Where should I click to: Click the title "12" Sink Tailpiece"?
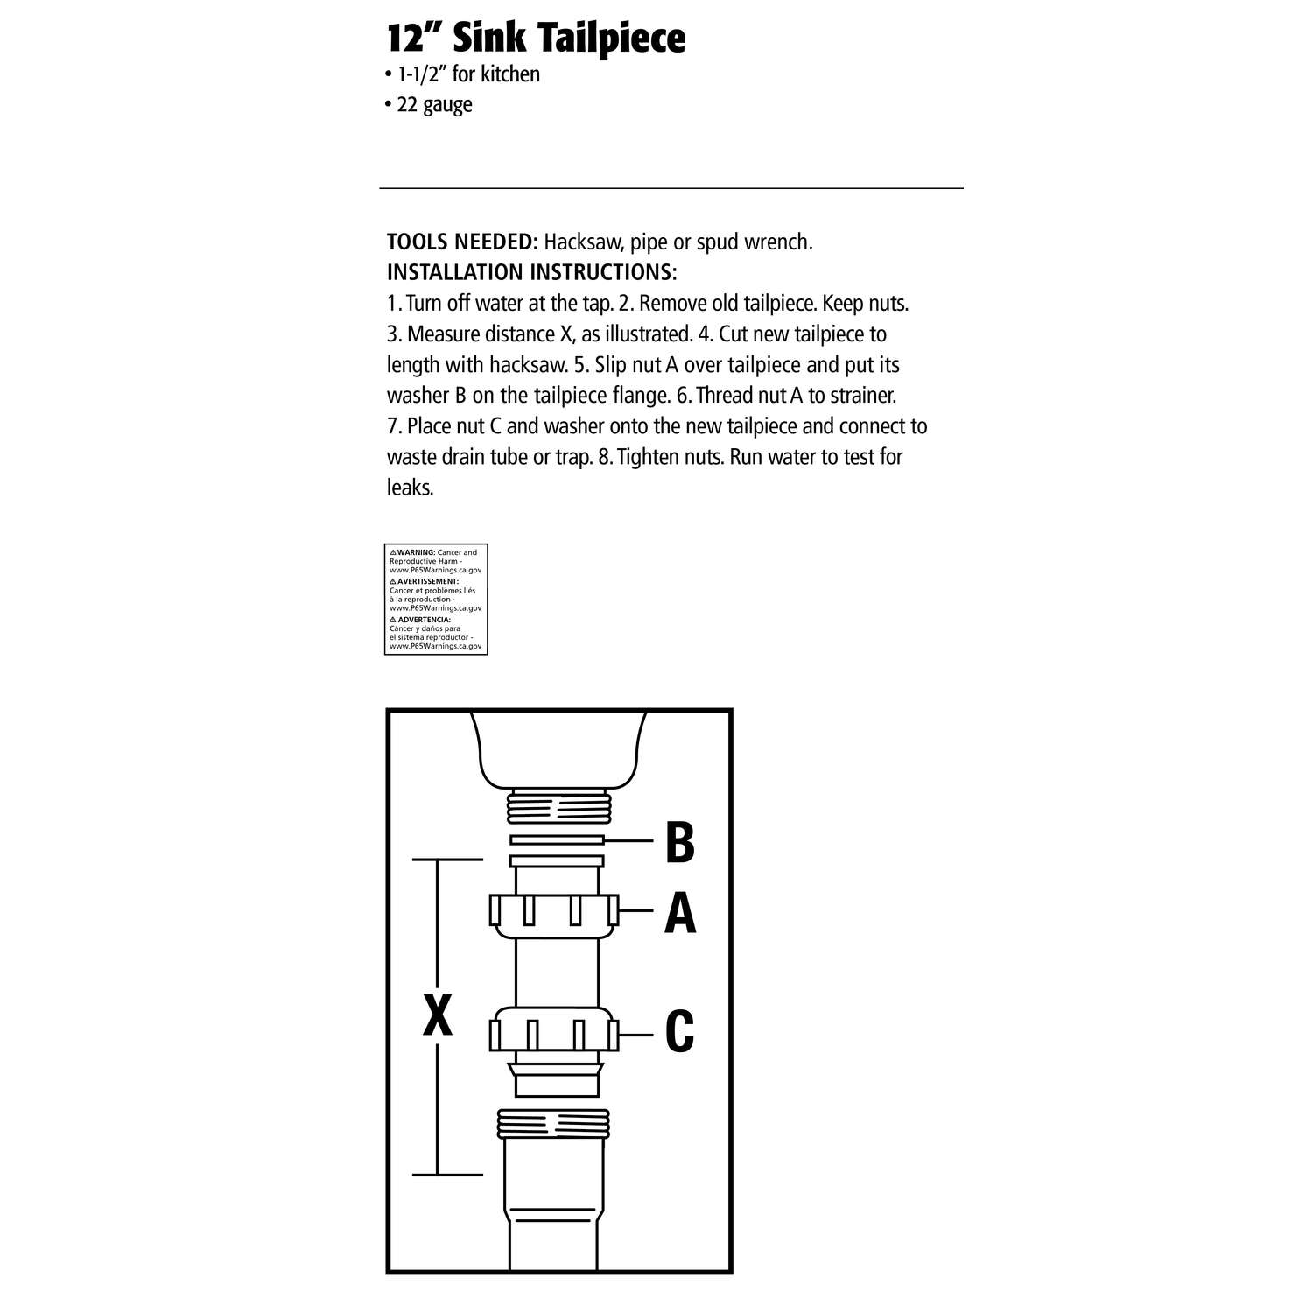[536, 39]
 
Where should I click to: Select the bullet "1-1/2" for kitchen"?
[463, 74]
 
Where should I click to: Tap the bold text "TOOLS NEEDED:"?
[462, 242]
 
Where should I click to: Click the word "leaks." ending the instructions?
[411, 488]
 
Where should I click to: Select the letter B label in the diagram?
[680, 841]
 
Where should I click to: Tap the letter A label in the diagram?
[680, 914]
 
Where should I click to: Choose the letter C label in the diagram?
[680, 1032]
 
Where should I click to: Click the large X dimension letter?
[438, 1016]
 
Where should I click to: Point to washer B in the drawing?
[557, 840]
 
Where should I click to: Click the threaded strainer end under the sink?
[557, 804]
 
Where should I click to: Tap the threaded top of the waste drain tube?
[553, 1124]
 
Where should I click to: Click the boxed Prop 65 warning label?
[436, 599]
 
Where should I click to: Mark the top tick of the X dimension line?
[447, 860]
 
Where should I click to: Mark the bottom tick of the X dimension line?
[447, 1174]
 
